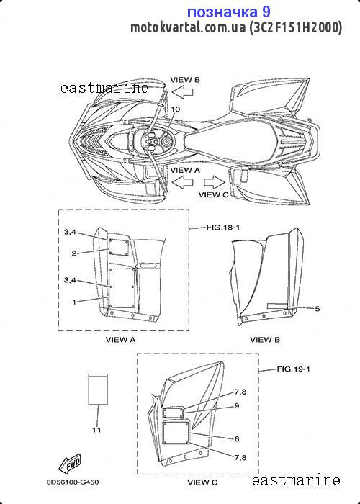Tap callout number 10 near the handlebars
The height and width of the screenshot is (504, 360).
pyautogui.click(x=176, y=109)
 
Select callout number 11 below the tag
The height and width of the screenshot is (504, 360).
pyautogui.click(x=96, y=430)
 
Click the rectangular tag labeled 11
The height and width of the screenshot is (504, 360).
pyautogui.click(x=98, y=390)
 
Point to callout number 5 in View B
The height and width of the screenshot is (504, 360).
pyautogui.click(x=318, y=309)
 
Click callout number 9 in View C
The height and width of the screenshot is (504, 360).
pyautogui.click(x=237, y=405)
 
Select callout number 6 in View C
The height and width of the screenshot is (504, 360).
pyautogui.click(x=237, y=438)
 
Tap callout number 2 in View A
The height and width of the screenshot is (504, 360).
pyautogui.click(x=74, y=253)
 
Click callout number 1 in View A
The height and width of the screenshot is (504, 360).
pyautogui.click(x=74, y=302)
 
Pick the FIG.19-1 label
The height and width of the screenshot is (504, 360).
pyautogui.click(x=293, y=369)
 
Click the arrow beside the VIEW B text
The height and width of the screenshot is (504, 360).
pyautogui.click(x=182, y=92)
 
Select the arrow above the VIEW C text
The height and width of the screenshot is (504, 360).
pyautogui.click(x=215, y=182)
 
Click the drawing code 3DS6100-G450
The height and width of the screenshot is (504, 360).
pyautogui.click(x=73, y=482)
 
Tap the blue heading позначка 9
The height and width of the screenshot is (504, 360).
pyautogui.click(x=229, y=12)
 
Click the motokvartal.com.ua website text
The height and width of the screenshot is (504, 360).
pyautogui.click(x=188, y=28)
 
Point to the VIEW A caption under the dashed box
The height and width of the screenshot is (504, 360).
pyautogui.click(x=120, y=339)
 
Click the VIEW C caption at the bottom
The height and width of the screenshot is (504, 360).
pyautogui.click(x=202, y=482)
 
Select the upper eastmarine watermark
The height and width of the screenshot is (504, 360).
pyautogui.click(x=105, y=88)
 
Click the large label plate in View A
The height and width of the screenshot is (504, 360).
pyautogui.click(x=122, y=286)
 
